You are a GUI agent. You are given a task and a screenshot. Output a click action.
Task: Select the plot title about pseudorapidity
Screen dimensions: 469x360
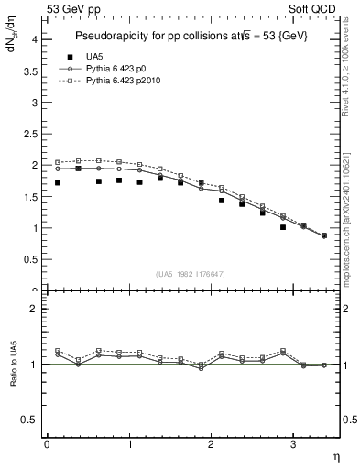click(x=191, y=35)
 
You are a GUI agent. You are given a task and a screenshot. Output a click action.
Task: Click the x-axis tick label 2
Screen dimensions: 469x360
click(x=211, y=444)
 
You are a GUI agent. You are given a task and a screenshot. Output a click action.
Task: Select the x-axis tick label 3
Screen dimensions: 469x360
click(x=292, y=444)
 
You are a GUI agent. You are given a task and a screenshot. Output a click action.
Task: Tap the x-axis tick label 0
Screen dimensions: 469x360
click(x=47, y=444)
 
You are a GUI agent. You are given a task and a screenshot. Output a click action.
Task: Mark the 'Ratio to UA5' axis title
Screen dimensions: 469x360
click(x=13, y=365)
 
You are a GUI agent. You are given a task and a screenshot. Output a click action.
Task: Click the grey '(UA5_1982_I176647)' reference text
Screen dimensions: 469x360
click(x=191, y=274)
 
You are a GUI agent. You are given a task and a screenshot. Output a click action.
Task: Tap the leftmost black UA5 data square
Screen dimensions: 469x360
click(x=58, y=183)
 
